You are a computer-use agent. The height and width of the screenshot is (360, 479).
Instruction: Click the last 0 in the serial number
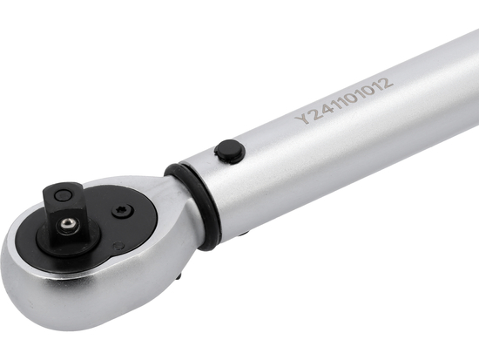[369, 92]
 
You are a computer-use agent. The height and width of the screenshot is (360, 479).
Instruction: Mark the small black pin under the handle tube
[243, 233]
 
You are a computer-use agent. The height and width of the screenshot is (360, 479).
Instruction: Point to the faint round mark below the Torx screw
[118, 247]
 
